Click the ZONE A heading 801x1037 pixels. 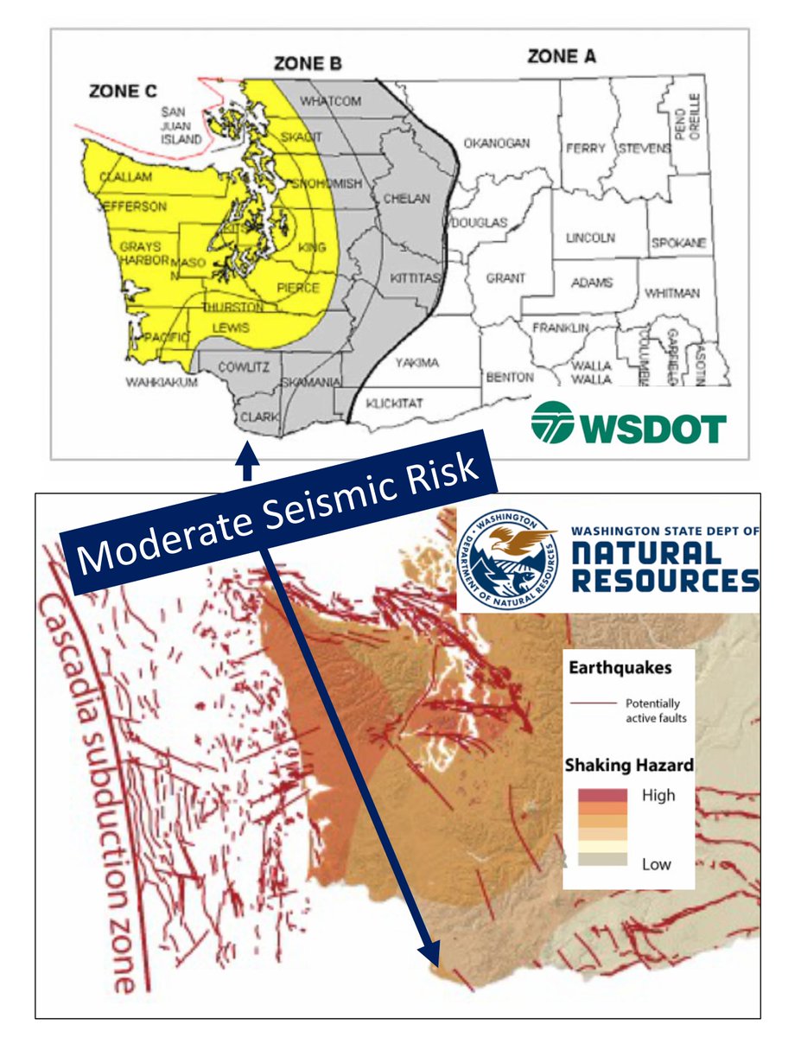click(x=563, y=57)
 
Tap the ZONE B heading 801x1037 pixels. click(x=308, y=63)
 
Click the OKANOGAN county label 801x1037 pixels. click(x=496, y=143)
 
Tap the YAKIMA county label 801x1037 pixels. click(x=417, y=363)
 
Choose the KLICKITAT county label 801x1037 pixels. click(x=393, y=403)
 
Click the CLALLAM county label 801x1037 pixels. click(x=125, y=176)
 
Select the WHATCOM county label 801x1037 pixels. click(x=330, y=101)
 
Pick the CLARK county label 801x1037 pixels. click(x=260, y=417)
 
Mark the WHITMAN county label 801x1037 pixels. click(x=672, y=293)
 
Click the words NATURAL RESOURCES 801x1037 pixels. click(x=664, y=566)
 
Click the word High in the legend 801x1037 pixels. click(x=658, y=795)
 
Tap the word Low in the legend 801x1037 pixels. click(x=656, y=864)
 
